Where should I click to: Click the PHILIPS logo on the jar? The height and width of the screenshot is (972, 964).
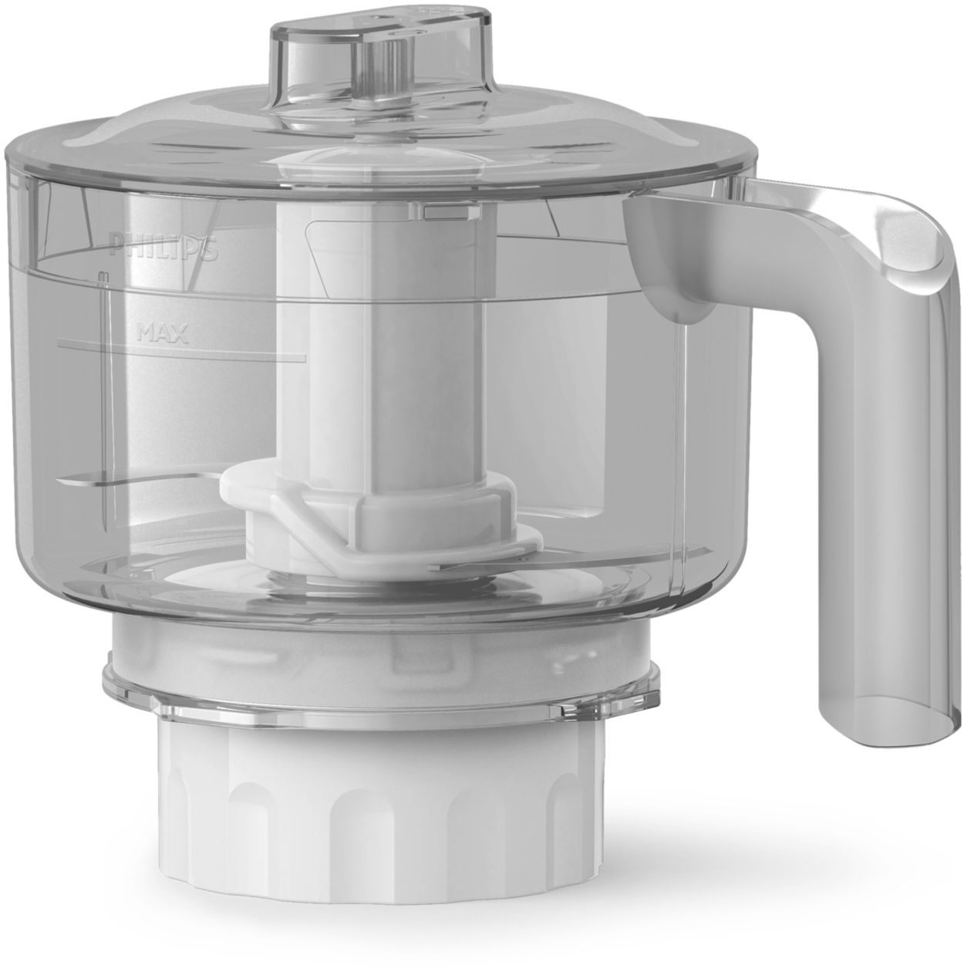[x=163, y=248]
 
